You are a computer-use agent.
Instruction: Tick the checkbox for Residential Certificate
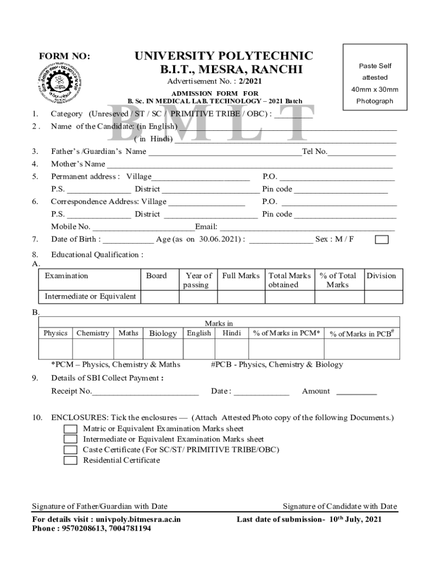click(70, 461)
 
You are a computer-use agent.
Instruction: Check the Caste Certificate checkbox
click(70, 450)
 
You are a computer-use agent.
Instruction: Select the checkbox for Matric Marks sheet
click(70, 429)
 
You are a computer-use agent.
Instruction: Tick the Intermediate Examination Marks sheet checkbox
click(70, 439)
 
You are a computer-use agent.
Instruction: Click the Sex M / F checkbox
click(381, 239)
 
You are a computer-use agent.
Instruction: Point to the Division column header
click(381, 276)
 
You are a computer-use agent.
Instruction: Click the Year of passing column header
click(198, 280)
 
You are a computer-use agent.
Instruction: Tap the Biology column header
click(163, 333)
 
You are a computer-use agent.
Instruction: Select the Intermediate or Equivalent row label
click(90, 296)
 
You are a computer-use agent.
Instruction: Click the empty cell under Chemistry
click(92, 349)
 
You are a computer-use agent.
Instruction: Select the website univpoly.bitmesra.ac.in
click(138, 519)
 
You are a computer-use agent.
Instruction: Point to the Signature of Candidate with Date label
click(339, 506)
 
